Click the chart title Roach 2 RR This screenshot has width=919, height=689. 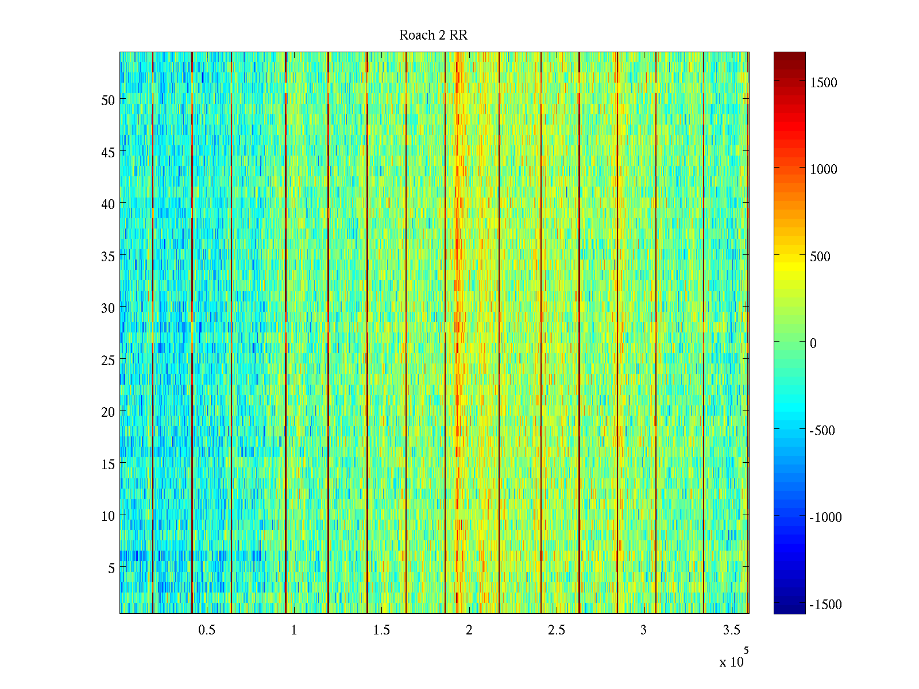click(433, 36)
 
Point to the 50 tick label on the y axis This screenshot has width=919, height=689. click(108, 100)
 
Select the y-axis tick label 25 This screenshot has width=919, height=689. click(108, 360)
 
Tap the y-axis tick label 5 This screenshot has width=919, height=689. click(111, 568)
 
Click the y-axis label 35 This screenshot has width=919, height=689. click(108, 256)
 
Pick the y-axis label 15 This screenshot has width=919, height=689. click(108, 464)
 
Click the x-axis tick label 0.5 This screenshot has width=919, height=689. click(207, 630)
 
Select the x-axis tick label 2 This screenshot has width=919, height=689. click(469, 630)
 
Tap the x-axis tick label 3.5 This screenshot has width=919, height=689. click(731, 630)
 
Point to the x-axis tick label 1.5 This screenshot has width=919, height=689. click(381, 630)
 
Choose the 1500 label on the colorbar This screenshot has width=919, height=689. click(824, 83)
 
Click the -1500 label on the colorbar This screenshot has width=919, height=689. click(825, 605)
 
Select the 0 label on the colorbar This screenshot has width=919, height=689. click(813, 343)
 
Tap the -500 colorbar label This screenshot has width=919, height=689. click(822, 431)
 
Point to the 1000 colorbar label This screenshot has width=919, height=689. click(824, 169)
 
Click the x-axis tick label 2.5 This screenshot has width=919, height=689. click(557, 630)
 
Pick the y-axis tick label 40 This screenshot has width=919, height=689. click(108, 204)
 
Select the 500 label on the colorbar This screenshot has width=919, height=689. click(820, 257)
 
